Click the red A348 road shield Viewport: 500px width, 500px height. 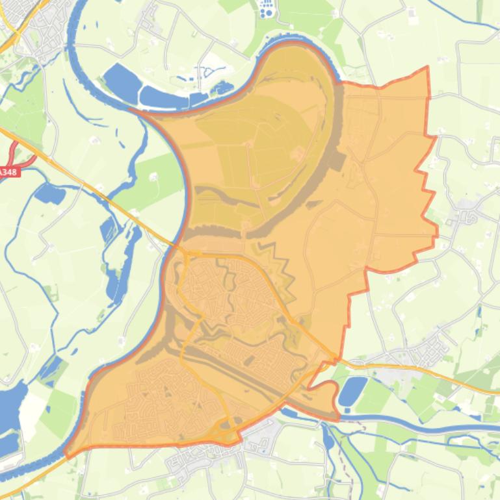coord(8,172)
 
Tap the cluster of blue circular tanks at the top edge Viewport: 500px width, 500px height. coord(266,8)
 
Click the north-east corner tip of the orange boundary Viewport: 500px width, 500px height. coord(428,68)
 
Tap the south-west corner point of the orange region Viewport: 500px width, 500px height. coord(67,455)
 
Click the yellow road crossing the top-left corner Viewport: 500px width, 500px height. coord(8,39)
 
